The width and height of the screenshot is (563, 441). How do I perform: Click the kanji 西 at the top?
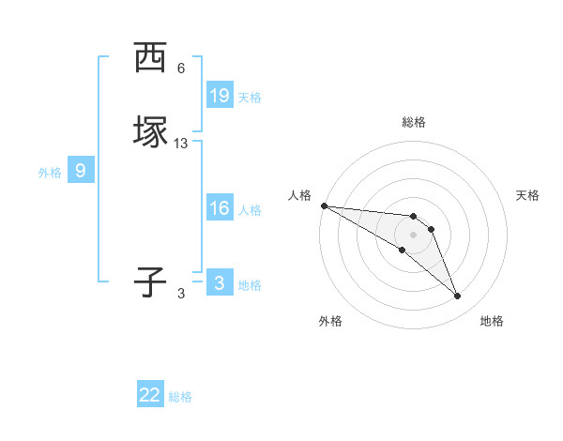pyautogui.click(x=150, y=58)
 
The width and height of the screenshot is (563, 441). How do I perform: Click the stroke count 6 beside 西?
pyautogui.click(x=181, y=68)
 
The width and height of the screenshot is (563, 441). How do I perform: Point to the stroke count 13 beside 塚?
pyautogui.click(x=181, y=143)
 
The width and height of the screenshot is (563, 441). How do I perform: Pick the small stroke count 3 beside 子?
pyautogui.click(x=181, y=293)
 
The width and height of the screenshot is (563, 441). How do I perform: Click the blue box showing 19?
pyautogui.click(x=219, y=95)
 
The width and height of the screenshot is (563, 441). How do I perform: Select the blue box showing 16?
pyautogui.click(x=219, y=207)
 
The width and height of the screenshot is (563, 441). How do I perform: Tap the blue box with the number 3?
pyautogui.click(x=219, y=282)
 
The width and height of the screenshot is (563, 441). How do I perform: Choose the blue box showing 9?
pyautogui.click(x=81, y=171)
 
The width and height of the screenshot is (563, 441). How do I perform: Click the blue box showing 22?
pyautogui.click(x=150, y=395)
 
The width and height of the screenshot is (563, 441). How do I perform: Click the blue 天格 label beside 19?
pyautogui.click(x=250, y=97)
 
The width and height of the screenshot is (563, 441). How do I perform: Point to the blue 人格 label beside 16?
pyautogui.click(x=250, y=209)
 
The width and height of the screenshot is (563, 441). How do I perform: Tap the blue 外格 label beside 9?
pyautogui.click(x=50, y=173)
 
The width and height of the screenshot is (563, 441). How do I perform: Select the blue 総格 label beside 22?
pyautogui.click(x=180, y=397)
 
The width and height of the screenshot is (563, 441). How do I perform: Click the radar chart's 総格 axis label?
pyautogui.click(x=413, y=122)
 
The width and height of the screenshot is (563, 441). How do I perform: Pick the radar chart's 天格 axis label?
pyautogui.click(x=528, y=195)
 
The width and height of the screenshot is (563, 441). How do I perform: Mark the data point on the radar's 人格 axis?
pyautogui.click(x=324, y=205)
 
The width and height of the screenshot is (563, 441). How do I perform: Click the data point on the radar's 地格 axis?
pyautogui.click(x=457, y=297)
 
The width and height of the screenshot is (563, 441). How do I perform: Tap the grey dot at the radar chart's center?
pyautogui.click(x=413, y=234)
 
